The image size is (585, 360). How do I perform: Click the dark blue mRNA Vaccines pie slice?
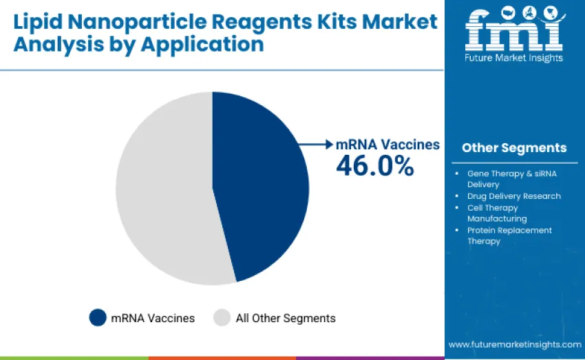pos(262,186)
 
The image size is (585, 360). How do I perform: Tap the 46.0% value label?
pos(374,165)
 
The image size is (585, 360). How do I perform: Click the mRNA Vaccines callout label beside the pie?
pos(387,145)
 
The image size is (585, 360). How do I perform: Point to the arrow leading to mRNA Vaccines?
pos(316,145)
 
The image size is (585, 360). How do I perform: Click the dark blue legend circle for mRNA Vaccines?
pos(98,317)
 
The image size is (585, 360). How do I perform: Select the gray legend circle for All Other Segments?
pos(222,317)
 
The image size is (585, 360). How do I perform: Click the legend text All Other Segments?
pos(286,318)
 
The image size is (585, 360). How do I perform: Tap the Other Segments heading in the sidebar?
pos(514,148)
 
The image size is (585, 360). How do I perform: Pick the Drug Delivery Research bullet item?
pos(513,196)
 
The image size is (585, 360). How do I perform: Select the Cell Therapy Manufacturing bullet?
pos(496,213)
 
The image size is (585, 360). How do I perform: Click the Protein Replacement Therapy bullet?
pos(509,235)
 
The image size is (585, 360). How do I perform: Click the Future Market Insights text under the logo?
pos(514,58)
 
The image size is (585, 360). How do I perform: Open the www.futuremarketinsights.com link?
pos(515,344)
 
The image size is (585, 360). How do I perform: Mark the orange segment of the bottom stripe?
pos(222,358)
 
